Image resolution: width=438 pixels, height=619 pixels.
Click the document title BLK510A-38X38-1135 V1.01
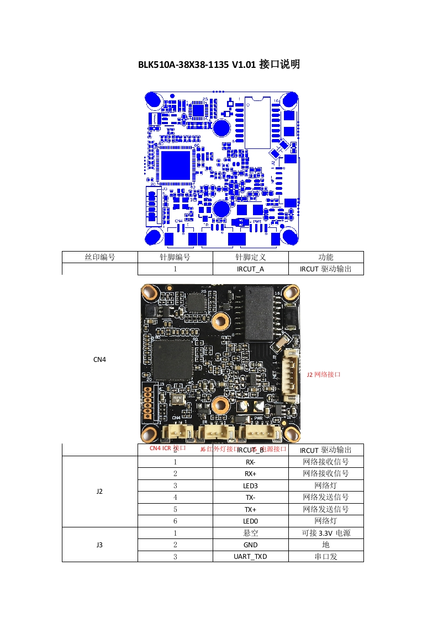219,65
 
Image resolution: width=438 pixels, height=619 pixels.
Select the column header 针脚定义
250,257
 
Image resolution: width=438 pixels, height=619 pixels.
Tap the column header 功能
325,257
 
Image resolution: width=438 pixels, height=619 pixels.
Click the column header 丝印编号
99,257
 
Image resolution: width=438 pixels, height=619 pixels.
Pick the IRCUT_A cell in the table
250,269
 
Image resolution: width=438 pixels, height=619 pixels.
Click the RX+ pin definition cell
250,473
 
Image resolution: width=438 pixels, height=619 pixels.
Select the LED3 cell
250,485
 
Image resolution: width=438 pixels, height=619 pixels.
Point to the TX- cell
250,497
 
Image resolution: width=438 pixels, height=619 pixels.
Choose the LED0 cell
250,521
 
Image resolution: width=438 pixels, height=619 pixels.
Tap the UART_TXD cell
250,556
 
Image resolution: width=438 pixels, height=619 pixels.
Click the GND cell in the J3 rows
250,545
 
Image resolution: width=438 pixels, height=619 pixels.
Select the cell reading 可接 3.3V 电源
325,533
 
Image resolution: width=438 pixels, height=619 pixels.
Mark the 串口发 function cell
325,556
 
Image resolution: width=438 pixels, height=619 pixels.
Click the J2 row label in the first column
99,491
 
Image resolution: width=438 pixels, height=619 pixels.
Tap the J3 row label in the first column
99,545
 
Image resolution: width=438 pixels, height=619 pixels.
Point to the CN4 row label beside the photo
99,359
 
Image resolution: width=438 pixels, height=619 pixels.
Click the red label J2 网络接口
324,374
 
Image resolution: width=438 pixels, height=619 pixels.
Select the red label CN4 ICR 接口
167,449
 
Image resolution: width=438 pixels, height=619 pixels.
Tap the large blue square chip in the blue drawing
175,164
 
